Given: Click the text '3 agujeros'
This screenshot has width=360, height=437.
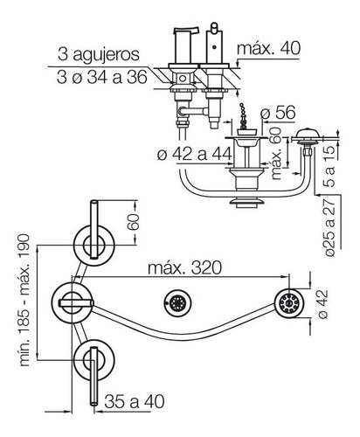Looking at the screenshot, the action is click(x=99, y=54).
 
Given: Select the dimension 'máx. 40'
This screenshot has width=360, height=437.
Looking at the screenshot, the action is click(x=268, y=48).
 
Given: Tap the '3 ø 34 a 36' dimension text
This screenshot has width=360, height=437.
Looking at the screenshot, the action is click(x=102, y=78).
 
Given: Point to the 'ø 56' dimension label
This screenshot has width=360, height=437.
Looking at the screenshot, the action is click(x=278, y=113).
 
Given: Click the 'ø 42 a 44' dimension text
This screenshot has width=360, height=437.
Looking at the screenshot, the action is click(x=195, y=154).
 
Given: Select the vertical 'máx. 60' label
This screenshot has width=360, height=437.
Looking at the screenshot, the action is click(x=276, y=153).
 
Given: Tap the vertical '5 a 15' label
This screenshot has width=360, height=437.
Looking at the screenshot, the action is click(x=329, y=166).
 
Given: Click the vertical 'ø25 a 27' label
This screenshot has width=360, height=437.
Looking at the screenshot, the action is click(x=329, y=227).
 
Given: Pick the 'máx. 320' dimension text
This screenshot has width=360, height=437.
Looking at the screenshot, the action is click(x=184, y=267).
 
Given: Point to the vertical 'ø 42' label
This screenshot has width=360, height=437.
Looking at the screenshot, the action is click(x=322, y=304).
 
